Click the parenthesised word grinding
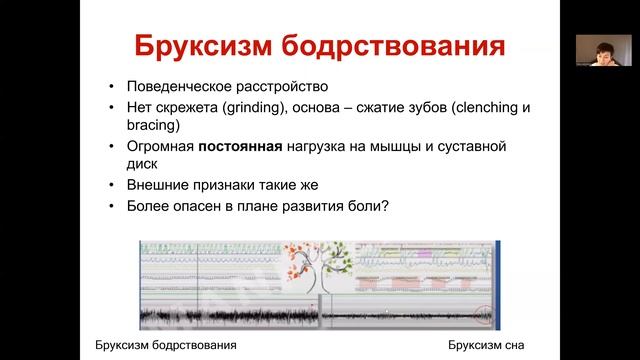[x=258, y=106]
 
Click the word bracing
[x=153, y=126]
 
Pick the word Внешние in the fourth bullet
[x=158, y=186]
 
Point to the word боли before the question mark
[x=361, y=207]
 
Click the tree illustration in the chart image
[x=317, y=266]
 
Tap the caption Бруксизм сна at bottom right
[x=487, y=345]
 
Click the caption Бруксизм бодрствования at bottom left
[x=165, y=345]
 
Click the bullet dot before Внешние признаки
[x=118, y=186]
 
